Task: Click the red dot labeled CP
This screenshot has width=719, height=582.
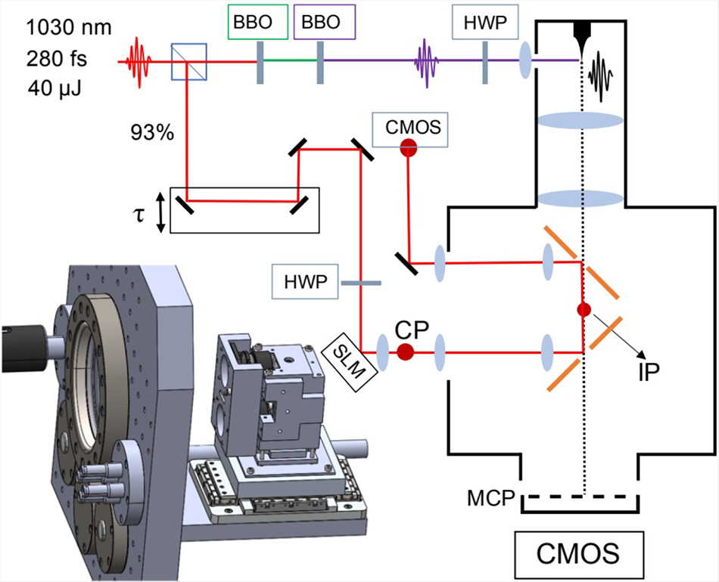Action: tap(406, 351)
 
